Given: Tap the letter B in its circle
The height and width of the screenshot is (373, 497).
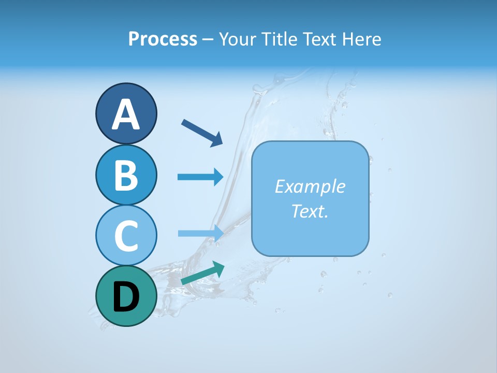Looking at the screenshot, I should point(126,175).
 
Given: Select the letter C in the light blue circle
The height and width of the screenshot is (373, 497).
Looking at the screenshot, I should point(126,236).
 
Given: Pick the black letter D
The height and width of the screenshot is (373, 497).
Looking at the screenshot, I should point(126,297).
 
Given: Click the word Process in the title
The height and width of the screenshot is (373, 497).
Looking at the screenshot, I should point(163,39).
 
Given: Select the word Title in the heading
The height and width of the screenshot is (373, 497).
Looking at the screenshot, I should point(280,39).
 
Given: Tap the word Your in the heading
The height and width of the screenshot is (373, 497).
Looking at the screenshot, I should point(238,39).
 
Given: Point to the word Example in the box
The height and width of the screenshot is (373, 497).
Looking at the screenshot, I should point(310,187).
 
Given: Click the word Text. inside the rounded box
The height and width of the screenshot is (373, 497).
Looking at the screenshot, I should point(310,211).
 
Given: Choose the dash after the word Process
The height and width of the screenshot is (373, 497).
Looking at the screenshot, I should point(208,39).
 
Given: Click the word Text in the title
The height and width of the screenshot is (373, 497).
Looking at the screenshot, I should point(320,39).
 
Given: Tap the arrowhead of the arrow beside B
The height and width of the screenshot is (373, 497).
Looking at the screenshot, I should point(218,177).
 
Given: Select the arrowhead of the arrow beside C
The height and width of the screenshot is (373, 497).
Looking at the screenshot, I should point(218,233).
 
